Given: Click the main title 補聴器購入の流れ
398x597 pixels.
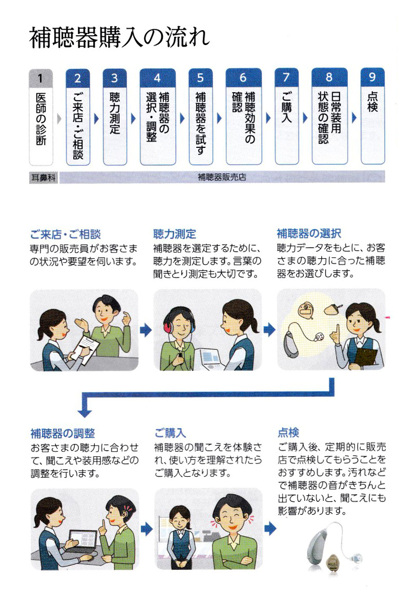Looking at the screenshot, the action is tap(119, 38).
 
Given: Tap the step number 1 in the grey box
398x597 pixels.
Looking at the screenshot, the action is tap(40, 78).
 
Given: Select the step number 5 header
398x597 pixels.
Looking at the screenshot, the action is tap(200, 78).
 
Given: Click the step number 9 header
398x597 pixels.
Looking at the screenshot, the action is tap(372, 77).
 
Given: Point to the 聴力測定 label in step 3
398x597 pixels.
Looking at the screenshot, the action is tap(115, 113).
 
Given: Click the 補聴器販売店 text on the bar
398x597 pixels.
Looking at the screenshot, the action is tap(222, 177).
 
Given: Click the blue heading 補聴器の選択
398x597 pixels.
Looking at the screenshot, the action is tap(309, 233).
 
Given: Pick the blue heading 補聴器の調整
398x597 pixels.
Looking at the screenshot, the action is tap(62, 433).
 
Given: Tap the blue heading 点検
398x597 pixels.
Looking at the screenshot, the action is tap(288, 432).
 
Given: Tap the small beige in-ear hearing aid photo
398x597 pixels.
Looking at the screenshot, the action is tap(333, 561).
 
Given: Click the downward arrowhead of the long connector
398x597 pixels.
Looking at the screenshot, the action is tap(85, 413).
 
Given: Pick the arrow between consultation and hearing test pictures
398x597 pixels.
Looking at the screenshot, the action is tap(145, 330).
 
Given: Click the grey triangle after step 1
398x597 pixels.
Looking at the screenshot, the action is tap(59, 119).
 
